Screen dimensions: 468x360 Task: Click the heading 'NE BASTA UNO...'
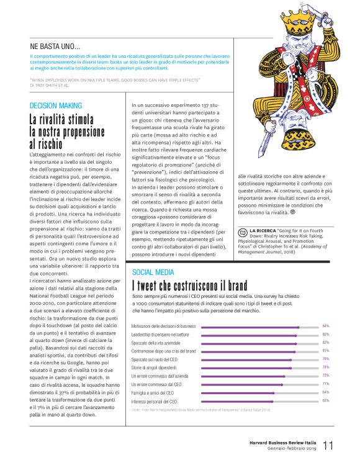click(x=55, y=45)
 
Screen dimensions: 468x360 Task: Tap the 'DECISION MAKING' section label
click(x=56, y=106)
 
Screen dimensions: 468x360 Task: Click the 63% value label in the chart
click(x=325, y=401)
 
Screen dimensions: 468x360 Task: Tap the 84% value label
click(x=325, y=326)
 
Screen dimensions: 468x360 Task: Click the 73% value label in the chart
click(x=325, y=376)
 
